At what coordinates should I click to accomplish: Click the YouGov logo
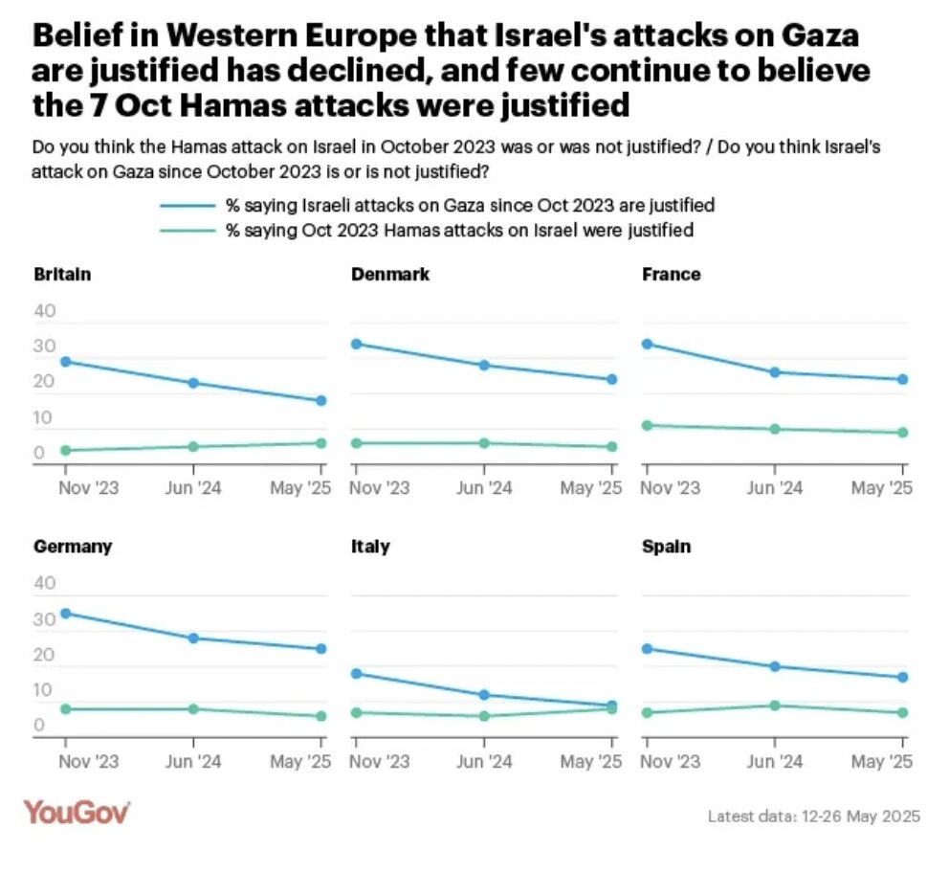click(x=77, y=813)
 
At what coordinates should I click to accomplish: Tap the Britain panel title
click(x=62, y=275)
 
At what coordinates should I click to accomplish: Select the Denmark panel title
click(x=389, y=275)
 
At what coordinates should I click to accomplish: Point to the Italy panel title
click(x=370, y=548)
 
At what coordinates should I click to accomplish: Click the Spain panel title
click(x=667, y=548)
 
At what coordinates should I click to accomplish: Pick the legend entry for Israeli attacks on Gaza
click(x=470, y=205)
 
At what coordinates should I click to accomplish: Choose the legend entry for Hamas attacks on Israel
click(x=458, y=230)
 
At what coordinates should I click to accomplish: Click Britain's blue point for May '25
click(x=321, y=401)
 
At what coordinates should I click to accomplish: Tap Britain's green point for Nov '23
click(x=66, y=451)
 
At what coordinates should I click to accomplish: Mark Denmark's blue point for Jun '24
click(x=484, y=366)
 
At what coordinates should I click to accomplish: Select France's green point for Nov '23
click(x=647, y=425)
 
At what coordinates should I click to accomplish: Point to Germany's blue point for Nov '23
click(x=66, y=614)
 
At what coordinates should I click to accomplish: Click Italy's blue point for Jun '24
click(x=484, y=695)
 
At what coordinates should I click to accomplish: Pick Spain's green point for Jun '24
click(x=775, y=705)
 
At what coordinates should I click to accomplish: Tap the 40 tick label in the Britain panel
click(x=45, y=312)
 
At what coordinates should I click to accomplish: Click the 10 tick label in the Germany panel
click(x=45, y=690)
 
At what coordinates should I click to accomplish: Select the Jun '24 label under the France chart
click(x=775, y=488)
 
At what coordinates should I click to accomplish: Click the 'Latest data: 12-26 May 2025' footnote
click(x=813, y=817)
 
